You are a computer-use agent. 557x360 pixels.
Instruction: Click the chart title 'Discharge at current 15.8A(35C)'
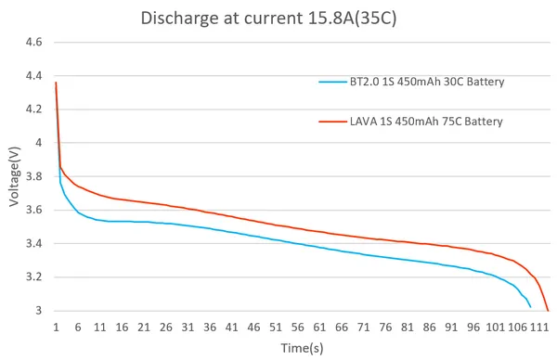point(269,18)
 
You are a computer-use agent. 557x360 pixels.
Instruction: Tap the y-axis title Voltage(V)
point(14,176)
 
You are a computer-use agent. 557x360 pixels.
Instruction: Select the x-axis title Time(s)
point(302,347)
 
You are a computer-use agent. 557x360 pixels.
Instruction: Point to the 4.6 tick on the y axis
point(34,43)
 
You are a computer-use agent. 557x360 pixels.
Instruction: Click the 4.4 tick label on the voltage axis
point(34,76)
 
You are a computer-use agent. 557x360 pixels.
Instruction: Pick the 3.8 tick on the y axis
point(34,176)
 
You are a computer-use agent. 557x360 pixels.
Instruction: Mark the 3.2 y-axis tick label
point(34,277)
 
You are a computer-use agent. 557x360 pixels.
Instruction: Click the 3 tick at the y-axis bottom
point(39,311)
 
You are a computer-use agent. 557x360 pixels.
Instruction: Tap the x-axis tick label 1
point(57,327)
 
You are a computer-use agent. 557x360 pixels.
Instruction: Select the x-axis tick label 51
point(276,327)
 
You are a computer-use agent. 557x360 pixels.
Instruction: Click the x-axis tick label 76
point(385,327)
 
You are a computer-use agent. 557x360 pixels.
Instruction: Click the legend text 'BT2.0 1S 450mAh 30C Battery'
point(427,82)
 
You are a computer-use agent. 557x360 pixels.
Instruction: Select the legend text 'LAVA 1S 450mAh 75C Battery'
point(426,121)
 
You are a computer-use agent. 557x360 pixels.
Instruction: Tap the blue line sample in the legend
point(331,82)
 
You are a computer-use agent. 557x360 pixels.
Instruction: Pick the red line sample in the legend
point(331,121)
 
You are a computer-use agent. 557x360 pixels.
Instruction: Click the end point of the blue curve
point(530,306)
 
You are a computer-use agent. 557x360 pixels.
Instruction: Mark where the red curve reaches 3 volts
point(548,311)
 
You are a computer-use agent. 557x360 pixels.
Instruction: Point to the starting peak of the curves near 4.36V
point(57,84)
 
